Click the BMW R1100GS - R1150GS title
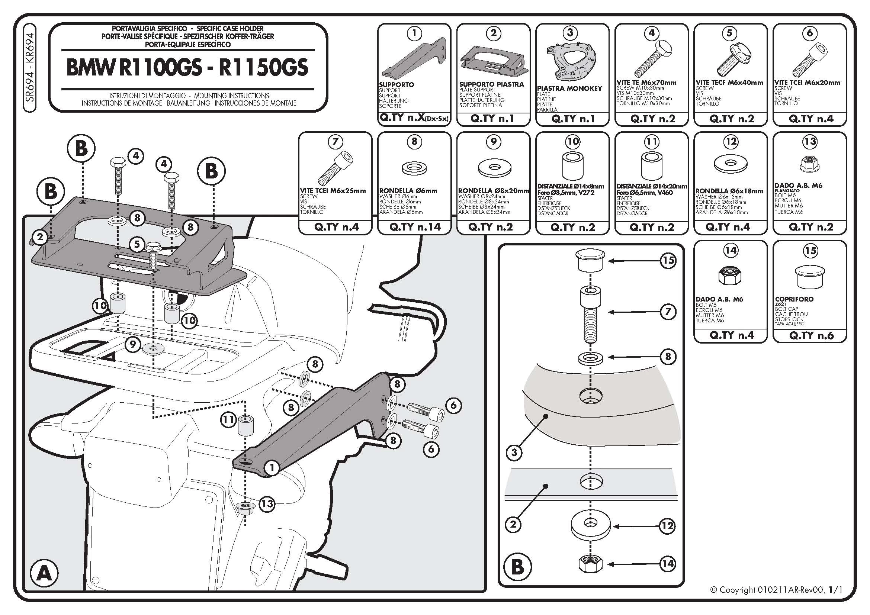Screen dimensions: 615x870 (x=187, y=68)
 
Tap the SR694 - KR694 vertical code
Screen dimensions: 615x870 (x=30, y=67)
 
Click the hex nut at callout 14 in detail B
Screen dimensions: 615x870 (x=590, y=564)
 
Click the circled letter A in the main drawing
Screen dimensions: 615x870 (x=44, y=573)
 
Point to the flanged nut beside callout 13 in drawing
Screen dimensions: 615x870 (x=245, y=508)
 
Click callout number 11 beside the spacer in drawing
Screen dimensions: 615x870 (x=228, y=420)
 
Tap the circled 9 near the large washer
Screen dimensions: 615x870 (x=133, y=344)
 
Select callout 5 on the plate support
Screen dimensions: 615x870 (x=137, y=244)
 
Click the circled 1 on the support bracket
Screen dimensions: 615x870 (x=271, y=468)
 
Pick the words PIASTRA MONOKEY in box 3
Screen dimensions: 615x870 (x=569, y=88)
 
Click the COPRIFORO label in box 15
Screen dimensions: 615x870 (x=794, y=299)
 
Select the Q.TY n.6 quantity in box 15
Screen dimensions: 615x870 (x=811, y=335)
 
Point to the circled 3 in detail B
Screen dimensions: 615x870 (x=514, y=452)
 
